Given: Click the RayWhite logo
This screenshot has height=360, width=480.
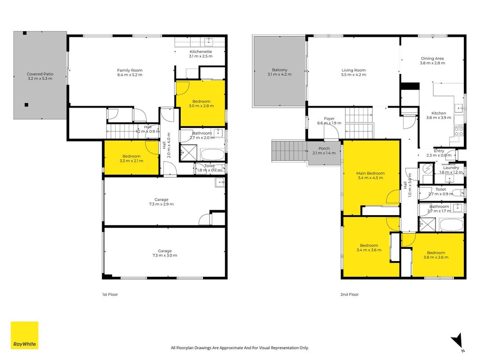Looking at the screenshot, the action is [x=24, y=335].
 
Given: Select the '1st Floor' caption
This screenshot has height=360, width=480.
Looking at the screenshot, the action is [x=110, y=294].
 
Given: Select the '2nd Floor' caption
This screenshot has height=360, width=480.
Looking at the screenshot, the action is [x=350, y=294].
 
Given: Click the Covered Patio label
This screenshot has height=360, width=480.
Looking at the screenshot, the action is [x=40, y=74].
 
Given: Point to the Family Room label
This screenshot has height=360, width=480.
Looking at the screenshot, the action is [x=130, y=70].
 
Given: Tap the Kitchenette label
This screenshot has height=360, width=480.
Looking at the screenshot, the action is [x=201, y=52].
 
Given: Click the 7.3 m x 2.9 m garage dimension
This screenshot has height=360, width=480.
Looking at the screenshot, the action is [x=161, y=204].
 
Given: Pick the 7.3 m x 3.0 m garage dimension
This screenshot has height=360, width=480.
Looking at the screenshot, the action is [x=165, y=255].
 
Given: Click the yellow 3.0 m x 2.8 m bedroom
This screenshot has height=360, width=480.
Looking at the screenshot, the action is [x=201, y=103].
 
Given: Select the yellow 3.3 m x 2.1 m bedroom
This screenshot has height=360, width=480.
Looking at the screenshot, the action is [x=132, y=157].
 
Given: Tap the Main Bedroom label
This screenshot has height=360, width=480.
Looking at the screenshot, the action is [x=370, y=173].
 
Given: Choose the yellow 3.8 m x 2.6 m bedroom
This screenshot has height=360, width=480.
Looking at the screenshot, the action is [x=438, y=255].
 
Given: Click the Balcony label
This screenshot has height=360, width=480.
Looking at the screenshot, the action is [x=280, y=70].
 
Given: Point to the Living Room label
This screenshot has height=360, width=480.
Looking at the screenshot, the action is [x=354, y=70].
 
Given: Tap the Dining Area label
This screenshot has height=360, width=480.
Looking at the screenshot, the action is [x=432, y=58].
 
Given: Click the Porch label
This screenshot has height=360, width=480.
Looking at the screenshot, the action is [x=324, y=148].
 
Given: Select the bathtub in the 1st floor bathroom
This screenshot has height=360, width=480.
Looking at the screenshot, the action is [x=212, y=155].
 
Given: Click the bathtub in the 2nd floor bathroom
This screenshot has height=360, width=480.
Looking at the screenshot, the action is [x=451, y=225].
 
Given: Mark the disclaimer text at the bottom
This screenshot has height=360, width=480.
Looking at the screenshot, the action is [x=240, y=348].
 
